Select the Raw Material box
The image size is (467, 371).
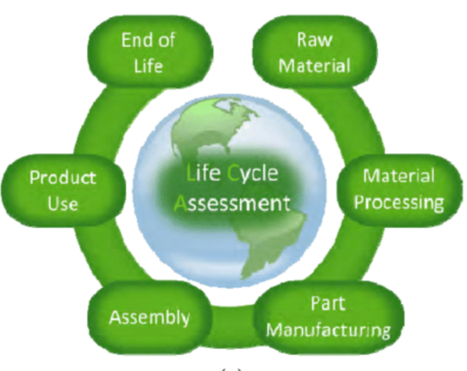pyautogui.click(x=315, y=53)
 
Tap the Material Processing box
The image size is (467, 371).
pyautogui.click(x=399, y=189)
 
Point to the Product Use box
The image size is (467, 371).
pyautogui.click(x=63, y=190)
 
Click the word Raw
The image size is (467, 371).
pyautogui.click(x=315, y=40)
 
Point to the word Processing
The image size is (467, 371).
pyautogui.click(x=399, y=203)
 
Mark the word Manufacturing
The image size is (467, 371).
pyautogui.click(x=328, y=330)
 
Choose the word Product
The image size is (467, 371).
pyautogui.click(x=63, y=177)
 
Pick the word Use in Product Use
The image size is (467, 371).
pyautogui.click(x=63, y=204)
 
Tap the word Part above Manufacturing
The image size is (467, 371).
pyautogui.click(x=328, y=304)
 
